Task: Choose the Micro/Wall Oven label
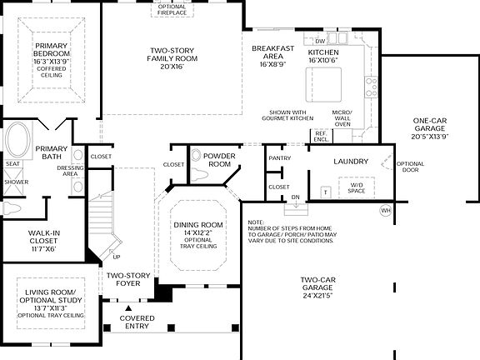(x=342, y=118)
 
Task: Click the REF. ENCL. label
(x=319, y=135)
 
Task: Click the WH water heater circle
(x=384, y=211)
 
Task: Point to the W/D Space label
(x=357, y=189)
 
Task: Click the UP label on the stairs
(x=116, y=257)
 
